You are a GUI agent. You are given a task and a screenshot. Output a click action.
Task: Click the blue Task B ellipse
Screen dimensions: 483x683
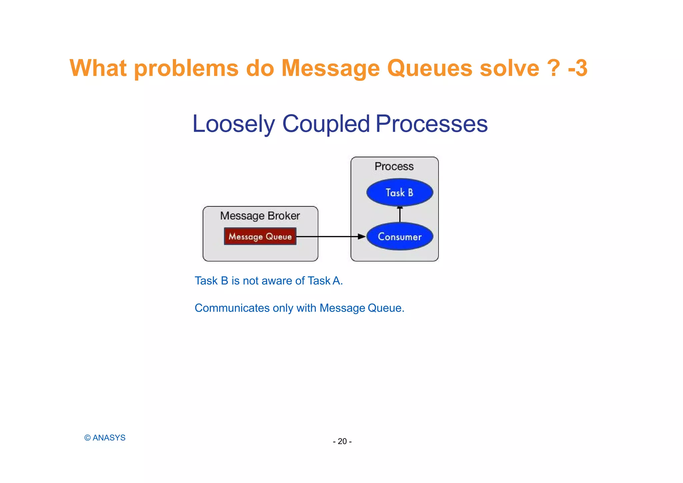coord(400,192)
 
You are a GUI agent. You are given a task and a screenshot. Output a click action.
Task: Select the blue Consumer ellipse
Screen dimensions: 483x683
coord(400,236)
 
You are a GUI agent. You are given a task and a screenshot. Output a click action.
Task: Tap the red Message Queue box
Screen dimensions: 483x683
coord(260,236)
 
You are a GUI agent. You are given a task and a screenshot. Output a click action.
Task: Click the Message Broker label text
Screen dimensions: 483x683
coord(260,216)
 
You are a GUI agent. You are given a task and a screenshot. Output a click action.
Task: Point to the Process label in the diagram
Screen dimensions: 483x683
coord(394,166)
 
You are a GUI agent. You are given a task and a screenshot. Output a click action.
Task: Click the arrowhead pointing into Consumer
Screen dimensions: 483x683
coord(362,236)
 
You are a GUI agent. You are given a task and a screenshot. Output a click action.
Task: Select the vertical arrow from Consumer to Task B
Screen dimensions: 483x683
coord(400,214)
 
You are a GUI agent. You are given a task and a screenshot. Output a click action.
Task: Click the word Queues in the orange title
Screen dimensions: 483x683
coord(430,68)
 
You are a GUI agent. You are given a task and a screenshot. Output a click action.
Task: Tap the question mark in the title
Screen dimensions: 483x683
coord(554,68)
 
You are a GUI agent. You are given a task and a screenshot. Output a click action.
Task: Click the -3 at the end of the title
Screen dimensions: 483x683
coord(578,68)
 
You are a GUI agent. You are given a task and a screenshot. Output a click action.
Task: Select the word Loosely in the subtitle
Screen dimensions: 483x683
coord(233,124)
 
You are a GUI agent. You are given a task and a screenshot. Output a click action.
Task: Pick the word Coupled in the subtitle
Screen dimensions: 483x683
coord(326,124)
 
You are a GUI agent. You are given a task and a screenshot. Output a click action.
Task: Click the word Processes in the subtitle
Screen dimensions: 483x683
coord(432,124)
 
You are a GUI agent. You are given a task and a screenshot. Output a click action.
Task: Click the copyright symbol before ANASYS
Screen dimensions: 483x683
coord(87,438)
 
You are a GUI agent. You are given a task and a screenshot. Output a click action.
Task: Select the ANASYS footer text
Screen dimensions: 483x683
coord(109,438)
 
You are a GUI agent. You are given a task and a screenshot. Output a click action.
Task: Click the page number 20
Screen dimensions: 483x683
coord(342,441)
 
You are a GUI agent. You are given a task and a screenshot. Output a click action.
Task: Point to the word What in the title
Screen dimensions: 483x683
coord(98,68)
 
